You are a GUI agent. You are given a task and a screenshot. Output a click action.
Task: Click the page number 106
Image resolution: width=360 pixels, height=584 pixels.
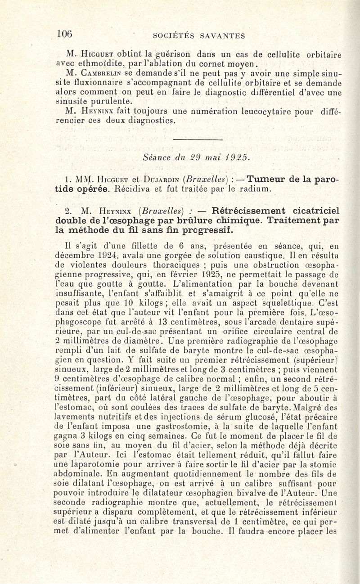click(65, 34)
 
